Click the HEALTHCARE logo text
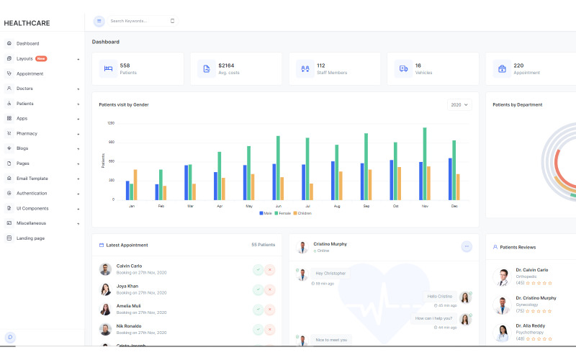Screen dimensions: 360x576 [27, 23]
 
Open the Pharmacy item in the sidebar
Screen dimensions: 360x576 [27, 133]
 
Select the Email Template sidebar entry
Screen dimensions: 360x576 [32, 178]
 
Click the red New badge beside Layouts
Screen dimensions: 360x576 [41, 58]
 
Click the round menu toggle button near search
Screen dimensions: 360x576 [99, 21]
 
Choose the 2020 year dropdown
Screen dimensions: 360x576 [459, 104]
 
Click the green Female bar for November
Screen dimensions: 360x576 [425, 163]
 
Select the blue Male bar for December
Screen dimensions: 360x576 [451, 179]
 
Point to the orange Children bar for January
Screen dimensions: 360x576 [135, 184]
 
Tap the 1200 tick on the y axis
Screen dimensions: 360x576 [111, 123]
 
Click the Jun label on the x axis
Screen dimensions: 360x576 [278, 206]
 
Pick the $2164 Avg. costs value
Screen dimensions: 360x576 [226, 66]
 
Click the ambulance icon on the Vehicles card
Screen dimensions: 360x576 [403, 69]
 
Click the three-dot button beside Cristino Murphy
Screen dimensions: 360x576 [467, 246]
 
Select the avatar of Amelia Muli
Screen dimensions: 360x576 [106, 309]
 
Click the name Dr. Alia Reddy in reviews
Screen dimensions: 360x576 [531, 325]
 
